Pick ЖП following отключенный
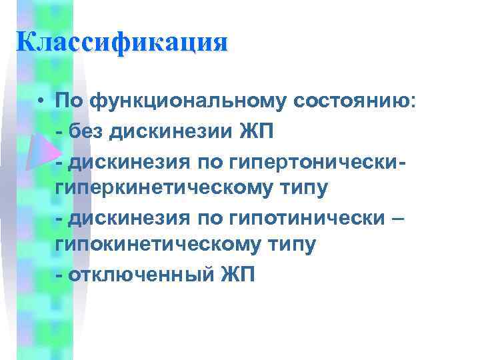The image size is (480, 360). pos(237,275)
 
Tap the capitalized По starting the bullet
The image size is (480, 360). pos(69,101)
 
